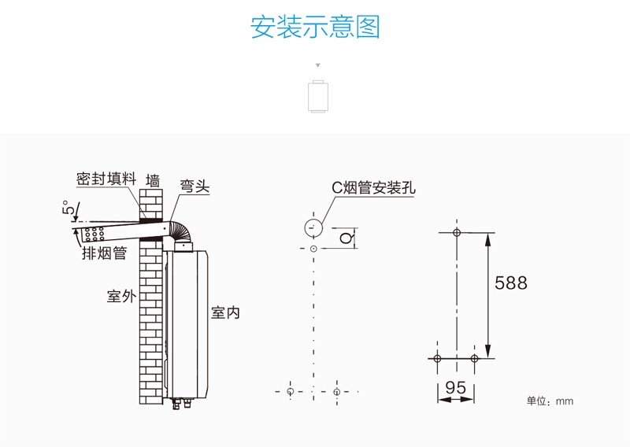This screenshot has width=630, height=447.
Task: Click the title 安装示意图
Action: [x=315, y=27]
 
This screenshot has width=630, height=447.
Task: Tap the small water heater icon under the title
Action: [x=317, y=96]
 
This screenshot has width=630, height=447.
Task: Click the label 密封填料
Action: [x=106, y=179]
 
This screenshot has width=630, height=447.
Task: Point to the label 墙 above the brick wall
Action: [x=153, y=181]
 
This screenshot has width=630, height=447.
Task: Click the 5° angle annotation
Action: [x=70, y=209]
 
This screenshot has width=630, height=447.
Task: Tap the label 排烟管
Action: [x=104, y=253]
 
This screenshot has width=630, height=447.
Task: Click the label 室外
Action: [x=121, y=297]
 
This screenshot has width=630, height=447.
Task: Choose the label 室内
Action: [x=225, y=312]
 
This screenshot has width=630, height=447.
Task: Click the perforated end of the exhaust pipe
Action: [x=93, y=235]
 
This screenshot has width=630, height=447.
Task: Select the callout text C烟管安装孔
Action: [x=372, y=187]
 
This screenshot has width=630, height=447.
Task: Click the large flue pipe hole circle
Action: [x=313, y=228]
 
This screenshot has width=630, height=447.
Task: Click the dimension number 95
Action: [x=455, y=387]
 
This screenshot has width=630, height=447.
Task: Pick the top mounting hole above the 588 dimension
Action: [x=456, y=232]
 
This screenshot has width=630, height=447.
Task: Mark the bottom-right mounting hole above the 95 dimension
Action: [x=474, y=358]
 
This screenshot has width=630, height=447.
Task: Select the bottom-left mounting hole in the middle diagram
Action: [x=291, y=391]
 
